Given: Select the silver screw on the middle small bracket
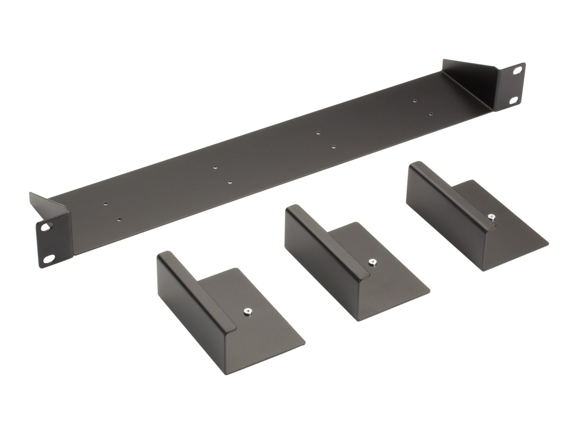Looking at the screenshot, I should [x=373, y=263].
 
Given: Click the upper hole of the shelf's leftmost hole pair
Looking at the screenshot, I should [x=105, y=204].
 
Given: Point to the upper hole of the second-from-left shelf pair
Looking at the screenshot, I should [x=215, y=168].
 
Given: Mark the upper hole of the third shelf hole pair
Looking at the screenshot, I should [x=318, y=133].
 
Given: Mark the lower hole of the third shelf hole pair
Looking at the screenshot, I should [x=333, y=147].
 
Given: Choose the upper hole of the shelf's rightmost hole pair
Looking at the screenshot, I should [x=415, y=101].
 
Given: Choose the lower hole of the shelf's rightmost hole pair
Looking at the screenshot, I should [x=431, y=114].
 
